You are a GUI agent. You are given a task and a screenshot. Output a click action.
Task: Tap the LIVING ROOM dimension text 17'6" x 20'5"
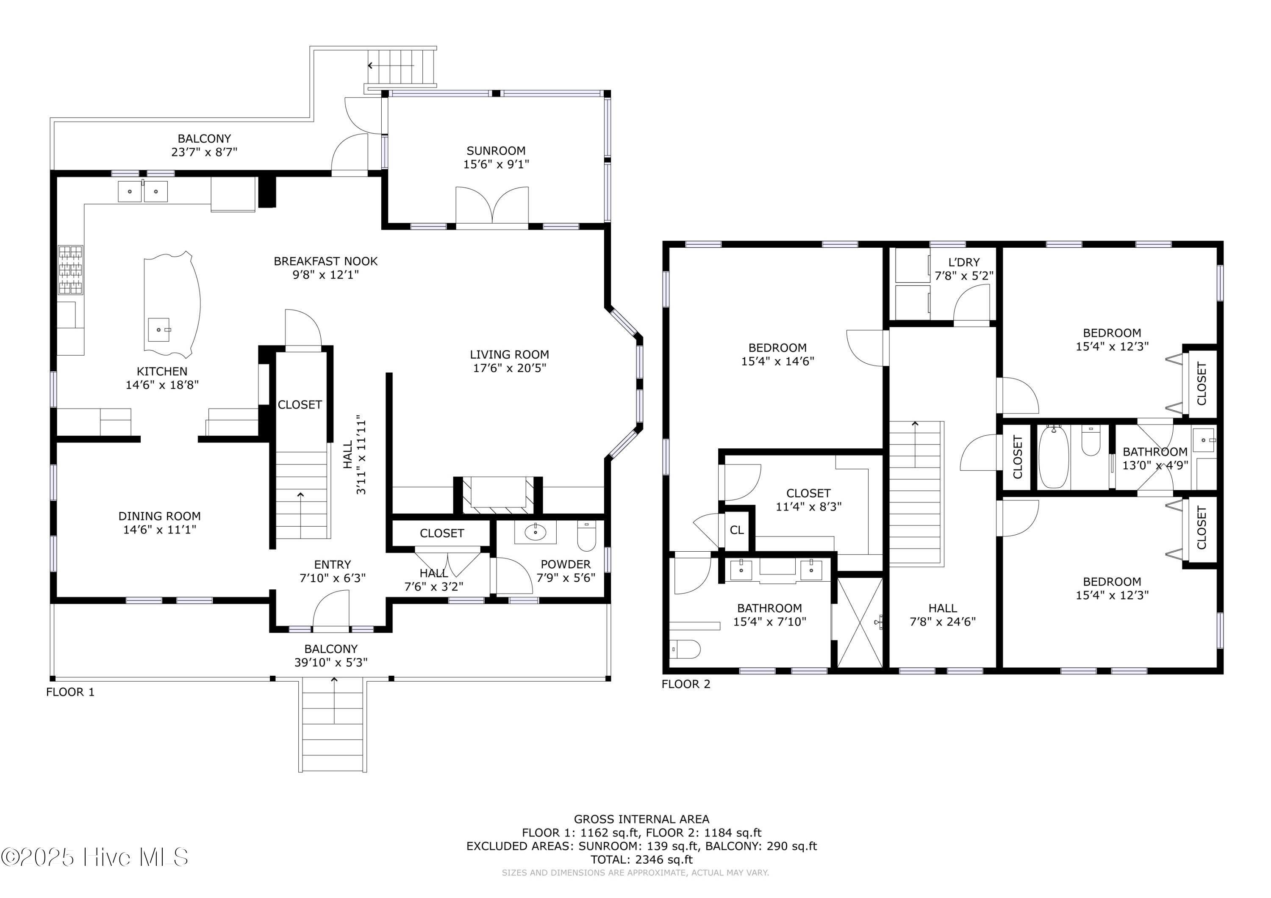pos(509,368)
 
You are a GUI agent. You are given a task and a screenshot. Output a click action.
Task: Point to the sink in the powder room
pos(536,532)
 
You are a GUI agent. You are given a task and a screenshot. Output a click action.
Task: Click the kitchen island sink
pos(159,330)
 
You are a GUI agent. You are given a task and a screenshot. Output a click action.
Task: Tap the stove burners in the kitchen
pos(70,270)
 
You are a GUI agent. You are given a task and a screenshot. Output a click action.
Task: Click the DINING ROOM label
pos(159,516)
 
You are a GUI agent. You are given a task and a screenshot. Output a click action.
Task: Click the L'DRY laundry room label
pos(964,262)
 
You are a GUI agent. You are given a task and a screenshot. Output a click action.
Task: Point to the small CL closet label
pos(736,530)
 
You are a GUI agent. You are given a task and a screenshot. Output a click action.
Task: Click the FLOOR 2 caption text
pos(685,684)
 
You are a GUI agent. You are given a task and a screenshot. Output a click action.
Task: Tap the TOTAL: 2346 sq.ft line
pos(641,859)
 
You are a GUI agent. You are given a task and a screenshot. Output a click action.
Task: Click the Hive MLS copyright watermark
pos(94,857)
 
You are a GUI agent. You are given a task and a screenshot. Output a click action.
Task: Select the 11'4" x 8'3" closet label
pos(808,506)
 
